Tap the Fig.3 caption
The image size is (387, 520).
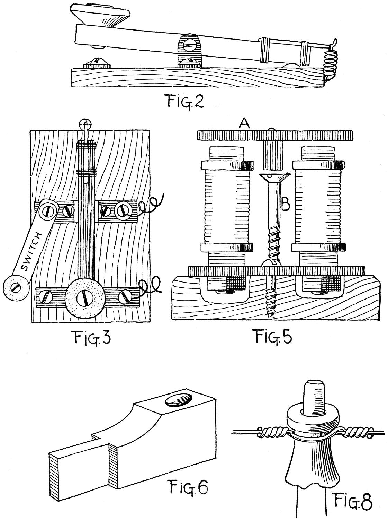pos(91,337)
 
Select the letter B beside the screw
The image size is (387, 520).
pos(286,205)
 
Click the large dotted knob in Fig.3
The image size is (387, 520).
pos(83,298)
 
